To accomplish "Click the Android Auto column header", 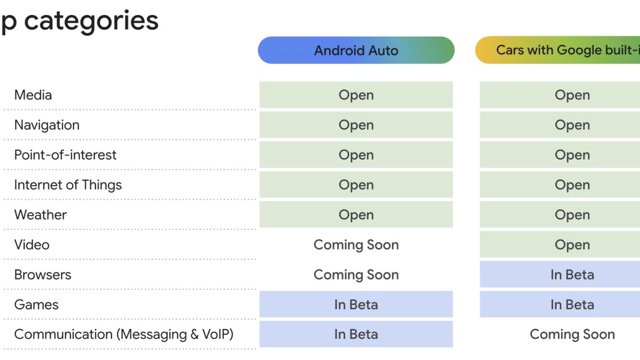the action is [x=356, y=50].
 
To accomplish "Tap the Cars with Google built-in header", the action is [x=558, y=50].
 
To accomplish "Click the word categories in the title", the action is [x=91, y=21].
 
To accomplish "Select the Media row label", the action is [x=33, y=95].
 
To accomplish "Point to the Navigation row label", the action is [x=47, y=125].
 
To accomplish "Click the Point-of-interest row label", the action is [x=65, y=155].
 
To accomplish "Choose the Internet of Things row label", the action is [x=68, y=185].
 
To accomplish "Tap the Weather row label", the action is [x=41, y=214].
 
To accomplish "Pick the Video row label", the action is [x=31, y=245].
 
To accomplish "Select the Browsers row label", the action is [x=43, y=275].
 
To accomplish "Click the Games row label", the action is [x=36, y=305].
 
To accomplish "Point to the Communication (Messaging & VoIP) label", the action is [x=124, y=334].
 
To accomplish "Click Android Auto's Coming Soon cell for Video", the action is [x=356, y=245].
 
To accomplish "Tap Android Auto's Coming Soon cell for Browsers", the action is [x=356, y=275].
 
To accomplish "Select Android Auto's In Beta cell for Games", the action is [x=356, y=305].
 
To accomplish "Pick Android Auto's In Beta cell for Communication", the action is [x=356, y=334].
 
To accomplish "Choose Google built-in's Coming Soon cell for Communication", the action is [x=572, y=334].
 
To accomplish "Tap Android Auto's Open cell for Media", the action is [x=356, y=95].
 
